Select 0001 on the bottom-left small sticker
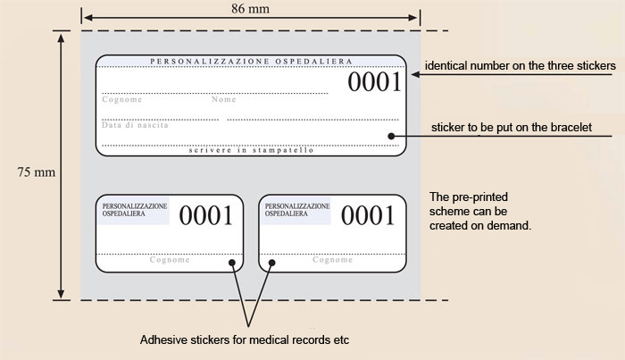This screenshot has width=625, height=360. tap(207, 215)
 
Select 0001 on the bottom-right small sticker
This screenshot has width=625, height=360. tap(369, 215)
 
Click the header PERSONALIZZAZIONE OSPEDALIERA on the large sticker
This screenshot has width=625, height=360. tap(250, 62)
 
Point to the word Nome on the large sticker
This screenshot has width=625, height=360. tap(223, 100)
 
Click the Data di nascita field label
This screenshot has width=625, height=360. tap(135, 125)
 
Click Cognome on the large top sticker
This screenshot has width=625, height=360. tap(121, 100)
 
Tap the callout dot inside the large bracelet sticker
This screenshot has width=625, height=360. tap(391, 136)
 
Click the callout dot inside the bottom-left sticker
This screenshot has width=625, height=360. tap(231, 263)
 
